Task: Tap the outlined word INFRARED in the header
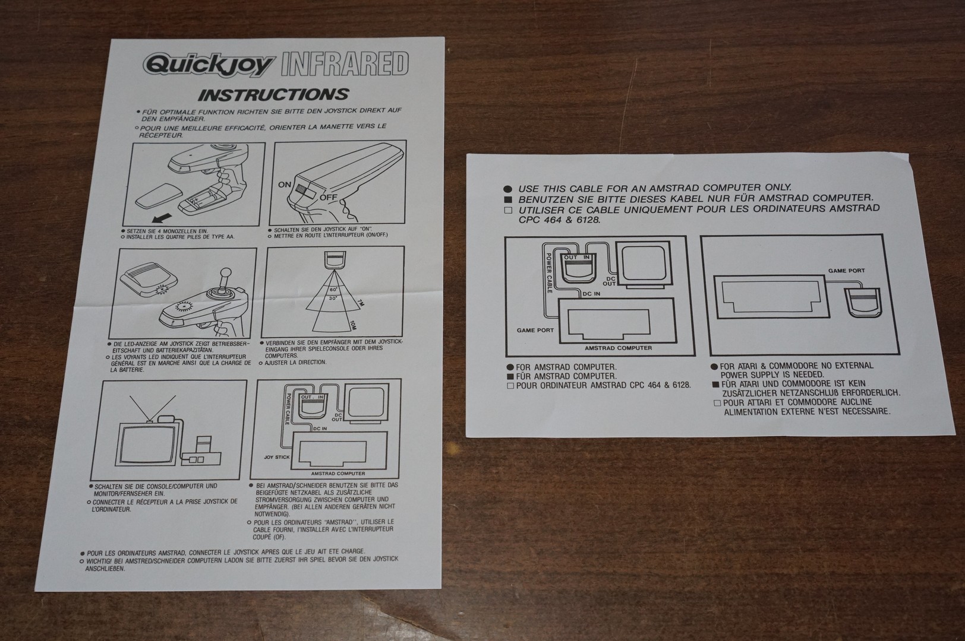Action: click(x=343, y=64)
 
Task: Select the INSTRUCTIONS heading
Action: click(x=273, y=95)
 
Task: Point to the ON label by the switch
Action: click(x=285, y=185)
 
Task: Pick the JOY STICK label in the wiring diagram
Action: click(x=276, y=458)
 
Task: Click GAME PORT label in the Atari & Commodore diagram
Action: click(x=846, y=271)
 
